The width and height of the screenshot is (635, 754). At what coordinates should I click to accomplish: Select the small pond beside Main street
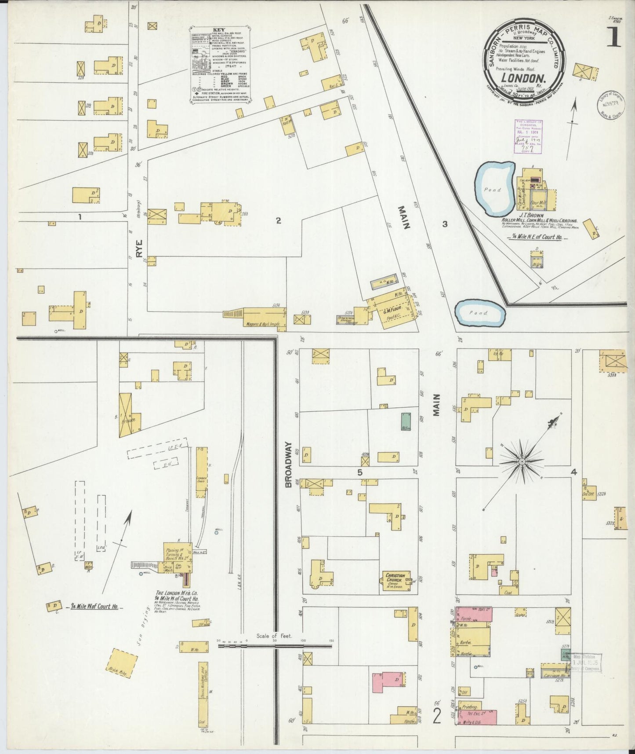(480, 312)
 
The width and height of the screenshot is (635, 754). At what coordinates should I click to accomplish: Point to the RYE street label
(145, 252)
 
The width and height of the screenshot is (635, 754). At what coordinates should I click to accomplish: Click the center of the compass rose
(521, 461)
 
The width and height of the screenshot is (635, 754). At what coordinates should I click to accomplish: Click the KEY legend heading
(218, 30)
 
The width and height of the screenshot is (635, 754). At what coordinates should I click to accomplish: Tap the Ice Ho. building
(500, 355)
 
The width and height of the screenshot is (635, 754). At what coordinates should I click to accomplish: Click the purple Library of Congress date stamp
(529, 136)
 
